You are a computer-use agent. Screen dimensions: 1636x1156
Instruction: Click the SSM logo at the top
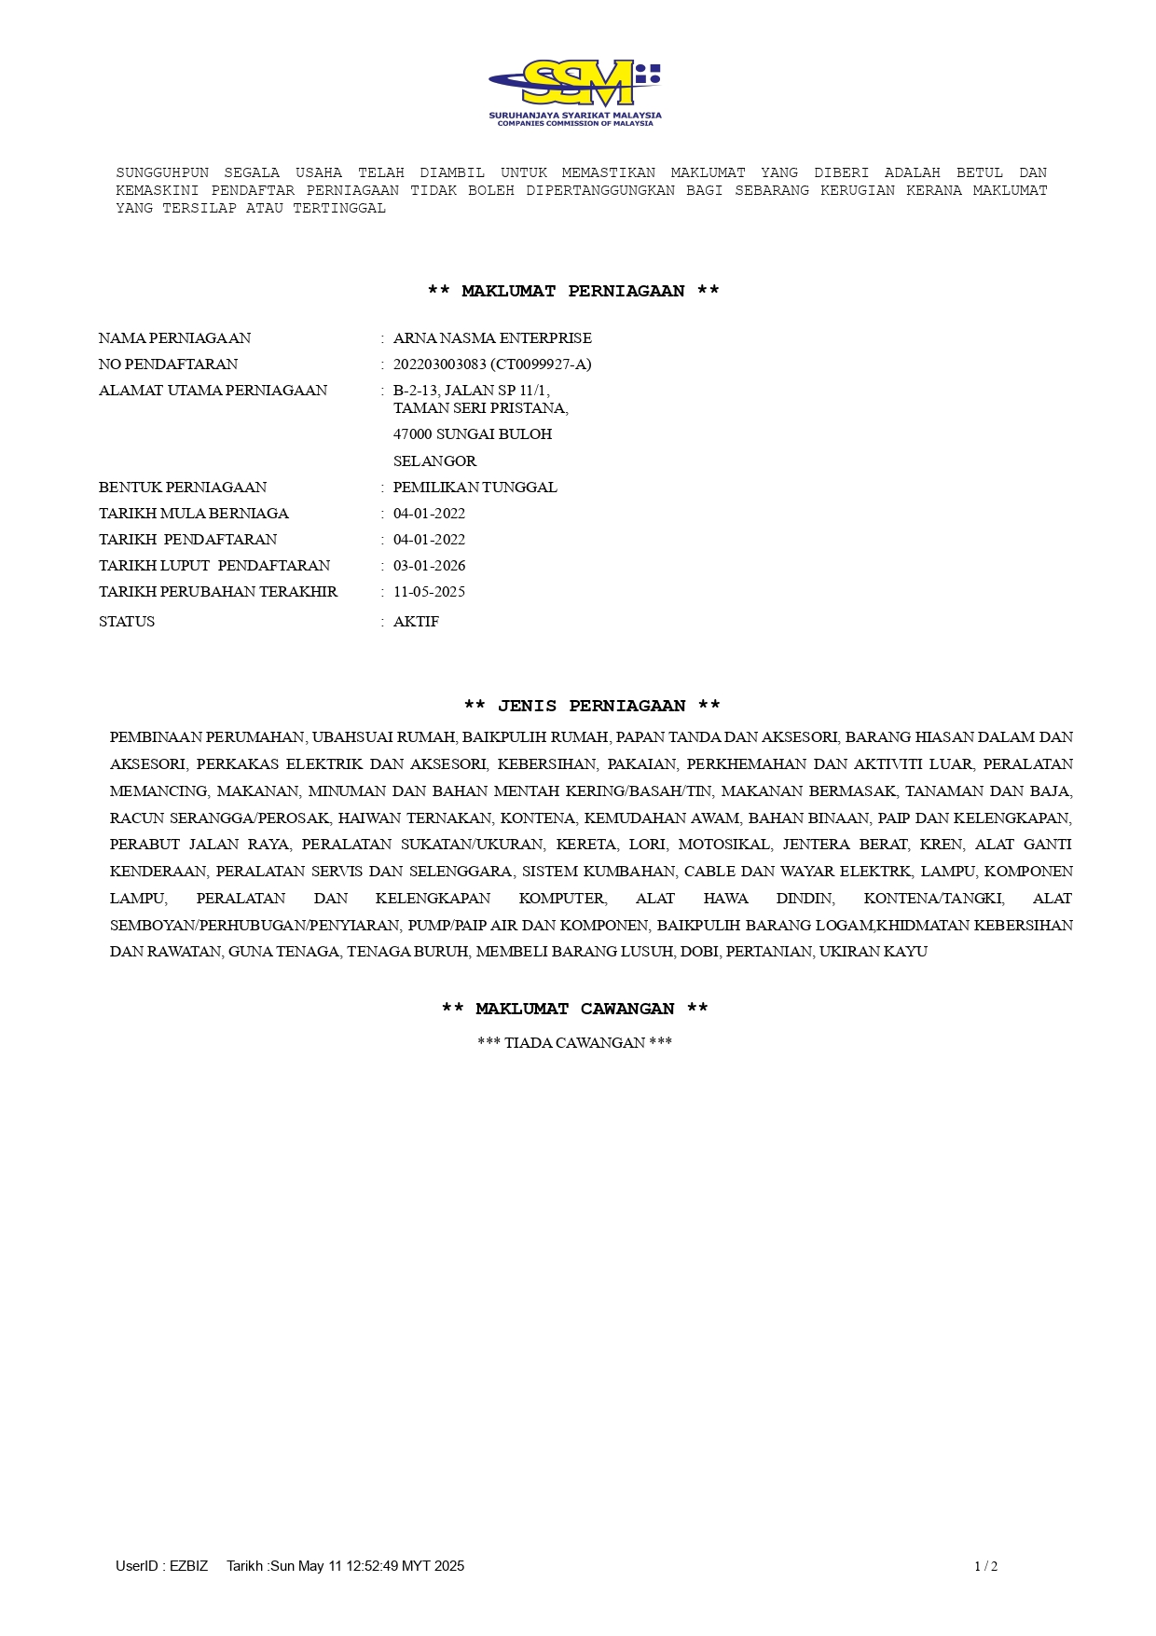tap(574, 92)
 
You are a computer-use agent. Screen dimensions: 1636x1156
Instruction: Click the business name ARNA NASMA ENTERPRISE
tap(492, 338)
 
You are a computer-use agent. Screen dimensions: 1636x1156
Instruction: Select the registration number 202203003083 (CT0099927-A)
tap(492, 364)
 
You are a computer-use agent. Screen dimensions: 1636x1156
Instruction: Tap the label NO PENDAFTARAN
tap(168, 364)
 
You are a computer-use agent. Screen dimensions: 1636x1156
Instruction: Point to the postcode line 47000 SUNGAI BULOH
tap(473, 434)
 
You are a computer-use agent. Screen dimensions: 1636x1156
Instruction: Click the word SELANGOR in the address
tap(434, 461)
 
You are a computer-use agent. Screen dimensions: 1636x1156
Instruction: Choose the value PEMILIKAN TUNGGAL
tap(475, 488)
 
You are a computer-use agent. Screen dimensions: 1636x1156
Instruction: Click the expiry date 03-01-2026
tap(429, 566)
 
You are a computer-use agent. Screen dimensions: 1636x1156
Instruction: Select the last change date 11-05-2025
tap(429, 592)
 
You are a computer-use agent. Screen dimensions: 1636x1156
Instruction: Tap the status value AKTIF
tap(416, 622)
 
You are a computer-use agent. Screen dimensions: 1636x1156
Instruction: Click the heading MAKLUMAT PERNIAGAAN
tap(573, 292)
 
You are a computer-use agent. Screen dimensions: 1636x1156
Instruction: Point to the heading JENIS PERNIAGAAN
tap(592, 707)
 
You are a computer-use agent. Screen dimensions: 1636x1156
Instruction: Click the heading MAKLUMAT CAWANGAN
tap(574, 1010)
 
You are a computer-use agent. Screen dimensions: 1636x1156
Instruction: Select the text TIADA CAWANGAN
tap(574, 1043)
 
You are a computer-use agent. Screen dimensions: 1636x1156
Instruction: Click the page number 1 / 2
tap(985, 1566)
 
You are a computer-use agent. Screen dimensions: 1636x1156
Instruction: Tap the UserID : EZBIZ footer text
tap(162, 1566)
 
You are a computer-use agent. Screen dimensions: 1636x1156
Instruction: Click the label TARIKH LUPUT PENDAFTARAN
tap(214, 566)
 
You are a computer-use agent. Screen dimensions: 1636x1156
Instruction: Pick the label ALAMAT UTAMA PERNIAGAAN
tap(213, 391)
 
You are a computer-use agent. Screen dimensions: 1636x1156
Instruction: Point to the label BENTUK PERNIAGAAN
tap(183, 488)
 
